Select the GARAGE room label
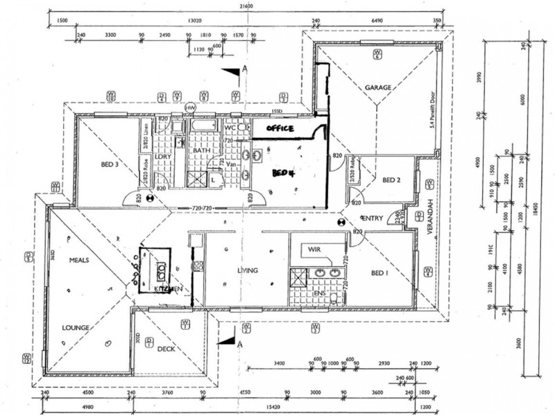(x=379, y=88)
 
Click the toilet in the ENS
(x=334, y=298)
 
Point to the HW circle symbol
(x=191, y=107)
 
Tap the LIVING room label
(x=248, y=270)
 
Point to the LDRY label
(x=164, y=157)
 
